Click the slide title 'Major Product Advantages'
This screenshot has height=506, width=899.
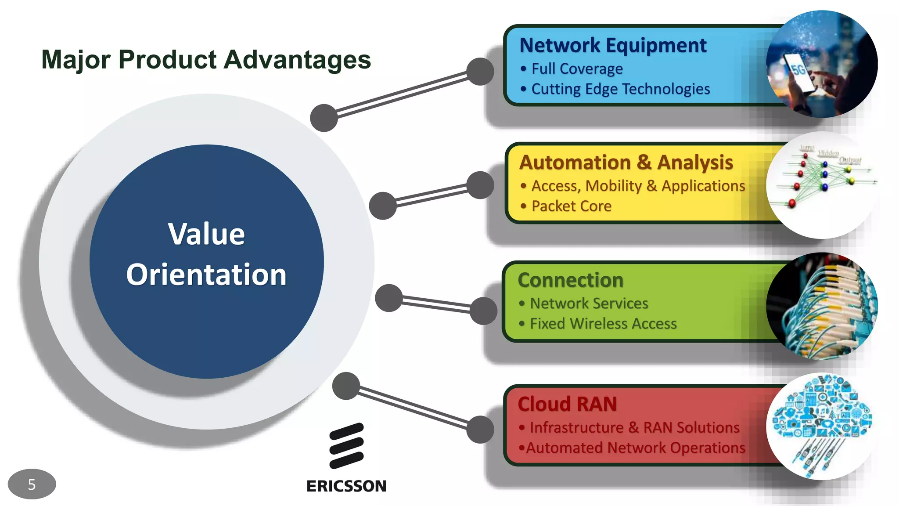tap(206, 60)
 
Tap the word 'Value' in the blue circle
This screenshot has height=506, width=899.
tap(206, 234)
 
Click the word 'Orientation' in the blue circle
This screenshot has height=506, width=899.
tap(206, 275)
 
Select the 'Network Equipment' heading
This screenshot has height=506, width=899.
tap(613, 45)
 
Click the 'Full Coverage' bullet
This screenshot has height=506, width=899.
tap(577, 69)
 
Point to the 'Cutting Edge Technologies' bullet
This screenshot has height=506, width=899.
tap(620, 89)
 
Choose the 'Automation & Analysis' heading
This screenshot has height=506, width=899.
tap(626, 163)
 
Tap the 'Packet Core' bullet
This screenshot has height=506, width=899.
tap(571, 206)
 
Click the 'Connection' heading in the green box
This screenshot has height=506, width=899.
tap(571, 280)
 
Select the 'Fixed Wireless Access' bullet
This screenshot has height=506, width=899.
tap(603, 324)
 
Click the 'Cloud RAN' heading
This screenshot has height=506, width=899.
tap(567, 404)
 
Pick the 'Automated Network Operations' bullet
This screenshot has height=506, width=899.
tap(635, 448)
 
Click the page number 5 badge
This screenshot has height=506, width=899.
tap(32, 484)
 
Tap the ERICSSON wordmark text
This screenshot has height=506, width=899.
tap(346, 486)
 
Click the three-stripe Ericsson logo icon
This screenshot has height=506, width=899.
tap(347, 445)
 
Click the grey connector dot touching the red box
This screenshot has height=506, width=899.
tap(480, 430)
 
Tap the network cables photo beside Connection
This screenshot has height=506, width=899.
tap(822, 306)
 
